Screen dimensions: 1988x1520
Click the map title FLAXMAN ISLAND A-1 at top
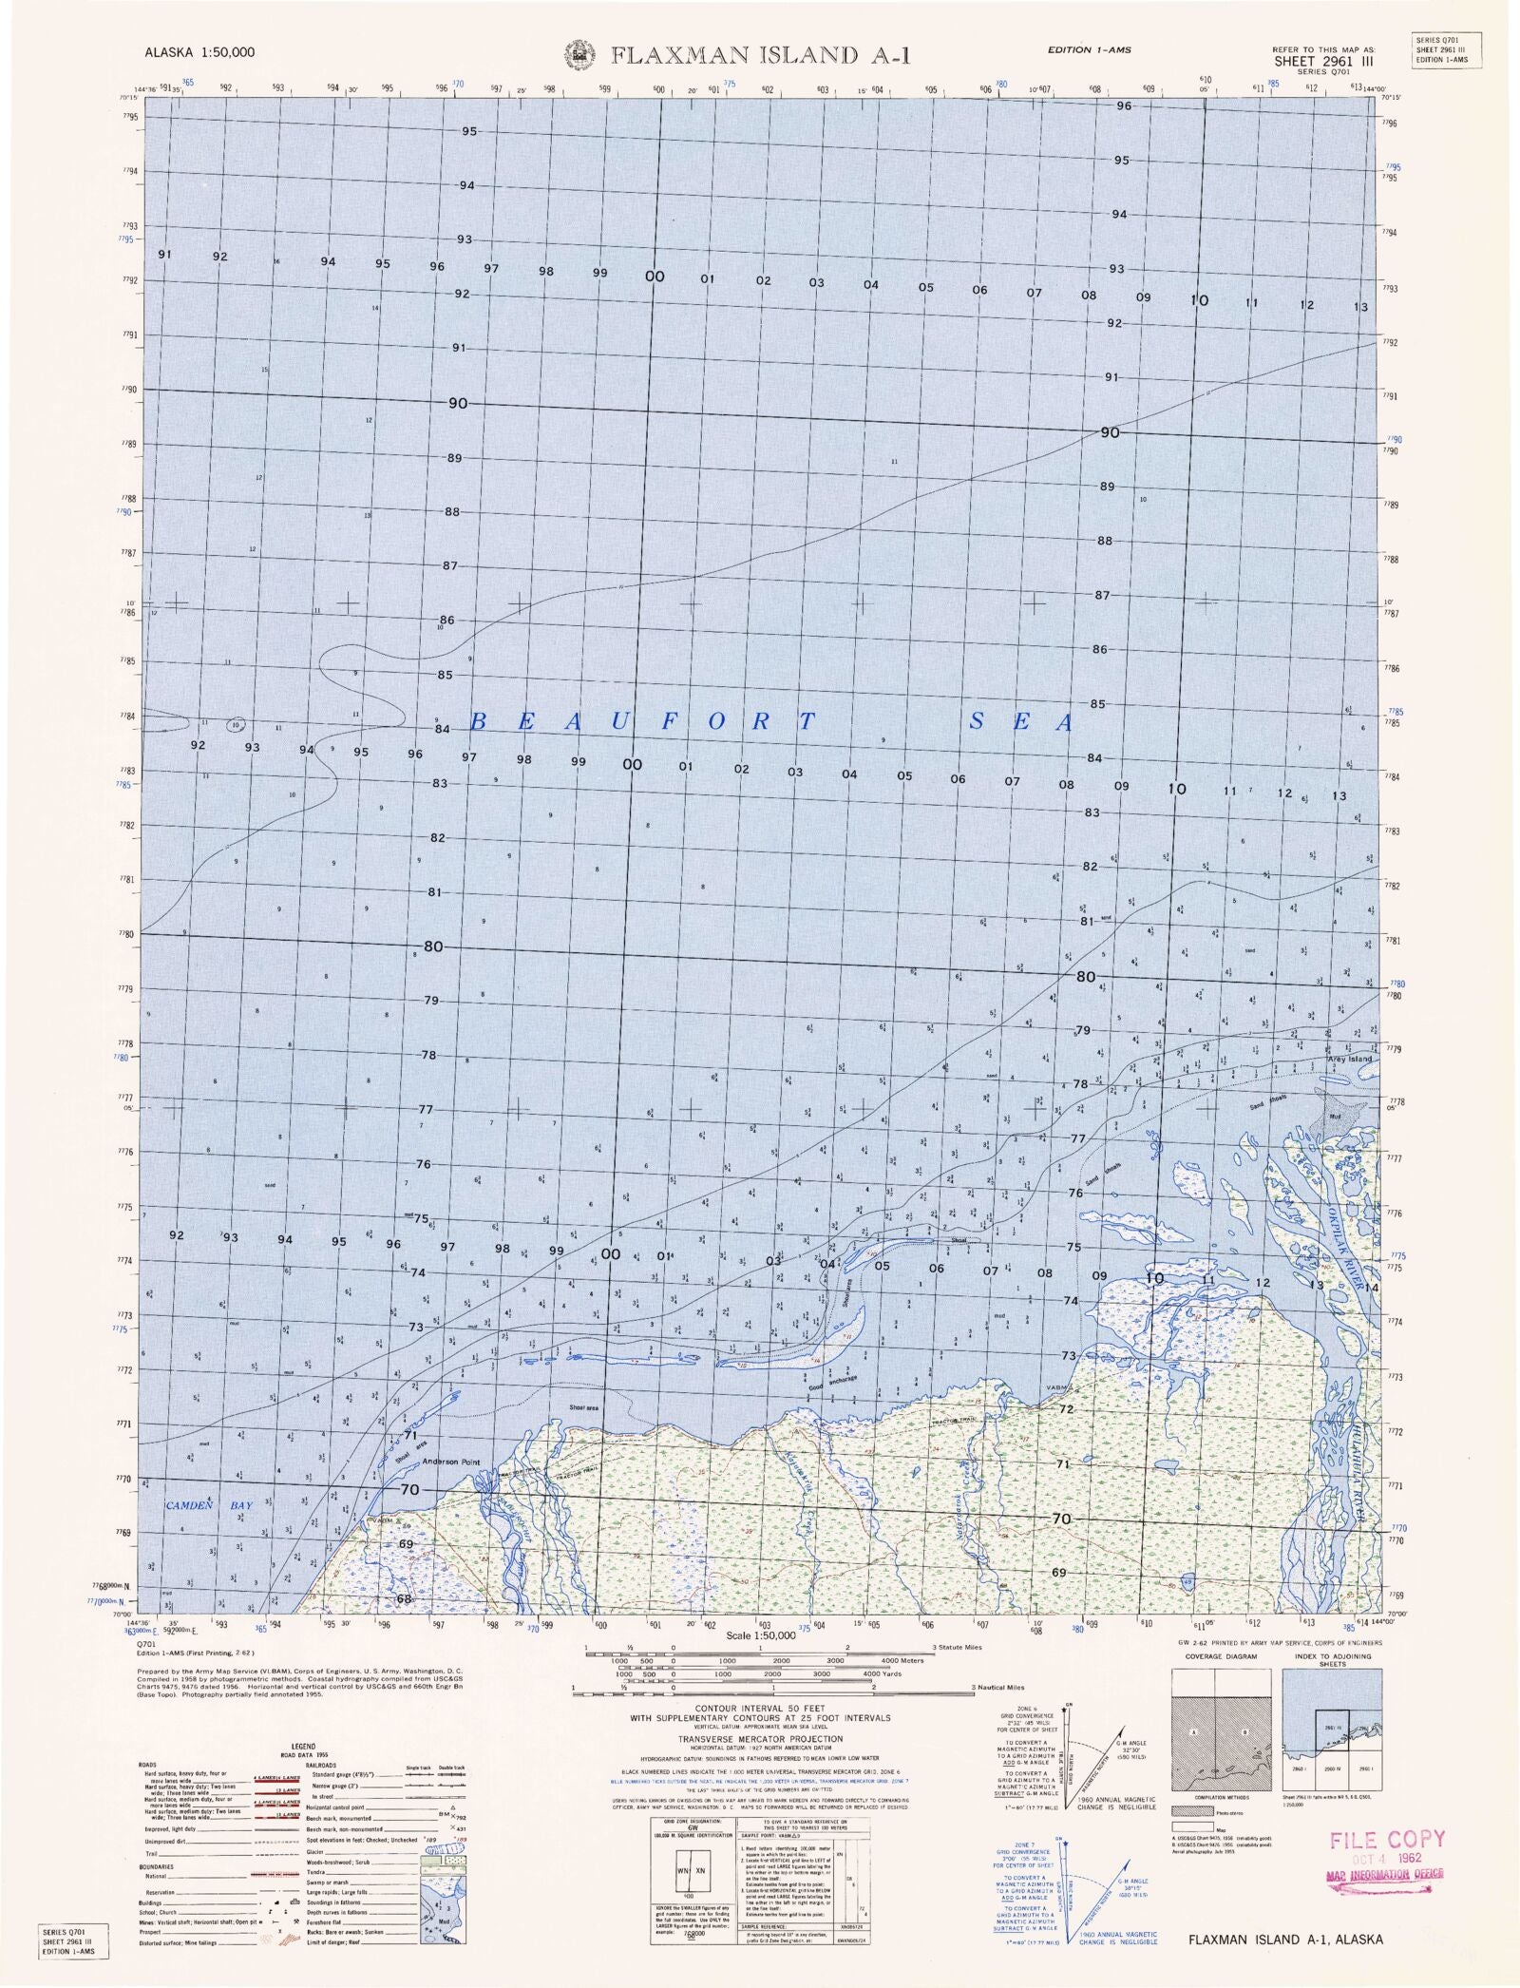pyautogui.click(x=760, y=55)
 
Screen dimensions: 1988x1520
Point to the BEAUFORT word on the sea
pyautogui.click(x=642, y=721)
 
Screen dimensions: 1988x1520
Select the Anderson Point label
pyautogui.click(x=451, y=1462)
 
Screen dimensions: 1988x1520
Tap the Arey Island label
pyautogui.click(x=1350, y=1059)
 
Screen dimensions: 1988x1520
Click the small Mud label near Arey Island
pyautogui.click(x=1335, y=1117)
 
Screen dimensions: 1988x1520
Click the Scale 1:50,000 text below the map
pyautogui.click(x=759, y=1635)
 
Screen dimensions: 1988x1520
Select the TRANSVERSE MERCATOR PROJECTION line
pyautogui.click(x=760, y=1738)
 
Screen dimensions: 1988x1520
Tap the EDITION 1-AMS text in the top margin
pyautogui.click(x=1089, y=49)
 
